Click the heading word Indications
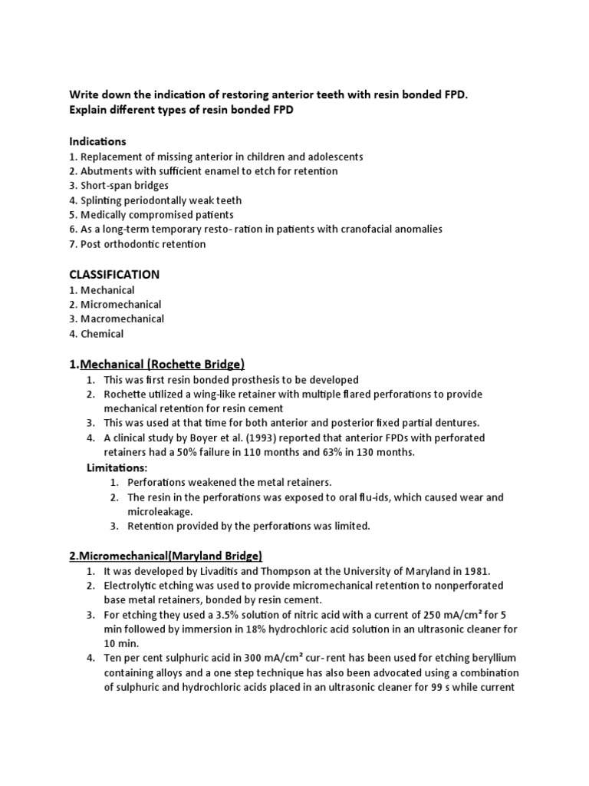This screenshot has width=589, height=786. [97, 142]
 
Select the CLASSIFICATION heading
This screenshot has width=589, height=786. [114, 274]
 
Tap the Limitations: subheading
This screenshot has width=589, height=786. [116, 467]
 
